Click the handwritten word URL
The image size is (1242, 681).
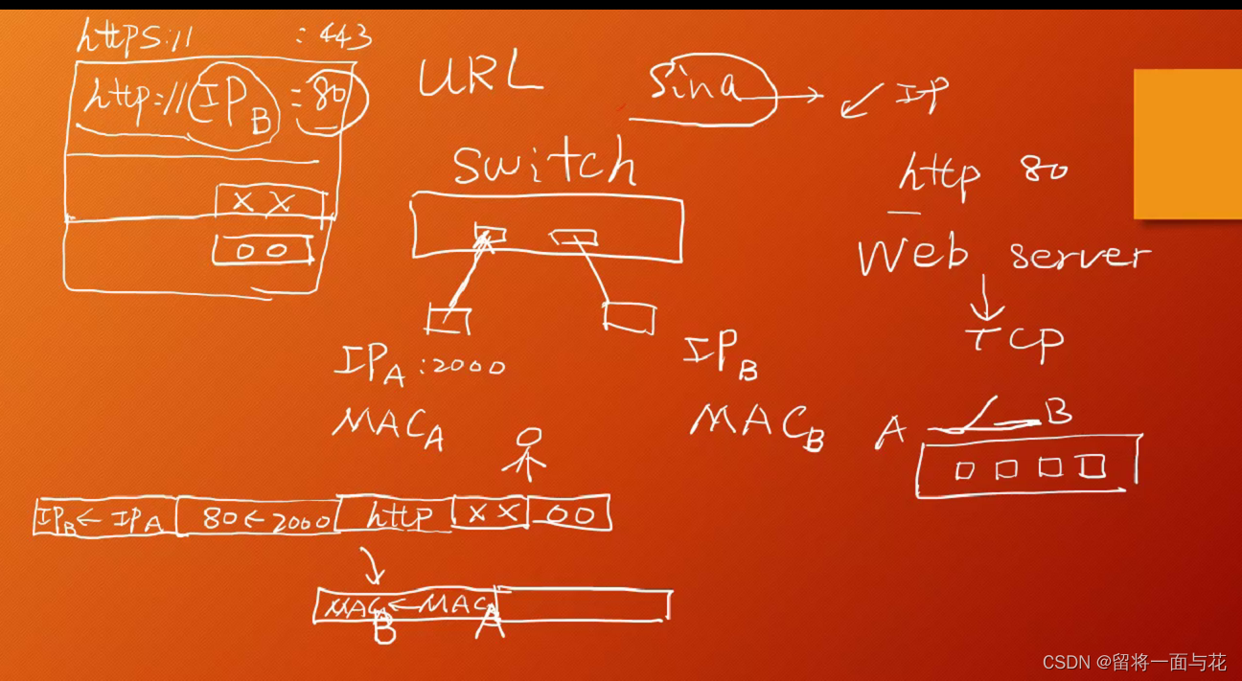[480, 76]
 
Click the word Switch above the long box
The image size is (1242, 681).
[544, 164]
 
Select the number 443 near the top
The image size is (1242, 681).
[336, 37]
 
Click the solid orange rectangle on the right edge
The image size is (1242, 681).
[1187, 144]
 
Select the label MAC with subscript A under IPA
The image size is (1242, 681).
[387, 426]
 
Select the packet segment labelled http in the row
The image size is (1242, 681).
[396, 516]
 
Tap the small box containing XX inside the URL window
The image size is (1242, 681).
[268, 202]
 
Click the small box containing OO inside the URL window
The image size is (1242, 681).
[263, 249]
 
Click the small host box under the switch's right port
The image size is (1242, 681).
[630, 318]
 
